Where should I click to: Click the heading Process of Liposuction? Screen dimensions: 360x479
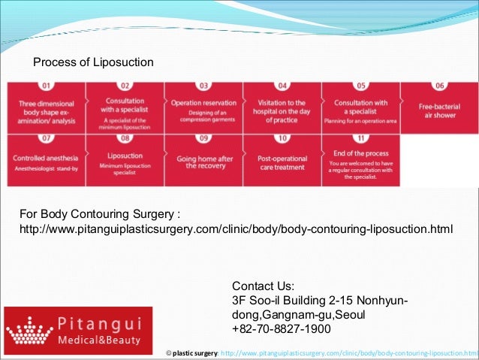pyautogui.click(x=93, y=61)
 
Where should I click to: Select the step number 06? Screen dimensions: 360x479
pyautogui.click(x=440, y=86)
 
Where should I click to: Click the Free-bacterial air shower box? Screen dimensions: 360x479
pyautogui.click(x=440, y=110)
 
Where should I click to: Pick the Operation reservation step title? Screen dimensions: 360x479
pyautogui.click(x=203, y=103)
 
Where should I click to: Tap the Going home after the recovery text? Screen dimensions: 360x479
pyautogui.click(x=203, y=162)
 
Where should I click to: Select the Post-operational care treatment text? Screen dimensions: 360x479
pyautogui.click(x=282, y=162)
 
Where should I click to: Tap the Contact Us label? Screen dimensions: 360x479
pyautogui.click(x=264, y=286)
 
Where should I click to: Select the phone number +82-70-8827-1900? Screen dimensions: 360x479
pyautogui.click(x=282, y=329)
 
